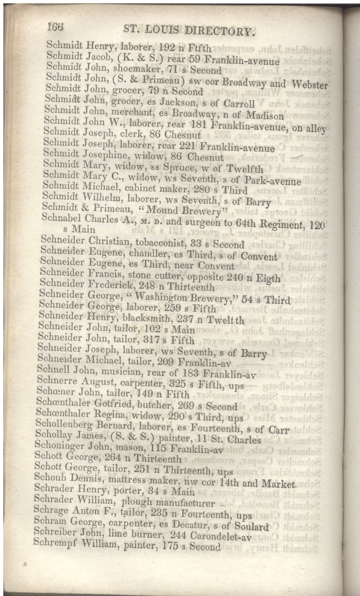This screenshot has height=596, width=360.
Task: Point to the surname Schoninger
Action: pyautogui.click(x=61, y=449)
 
